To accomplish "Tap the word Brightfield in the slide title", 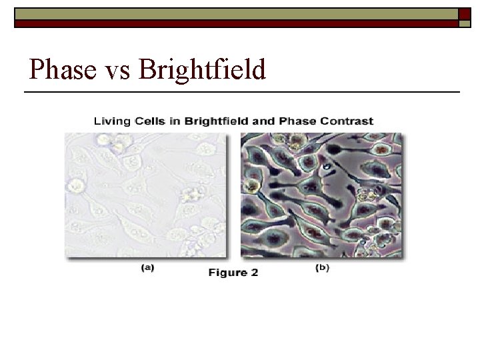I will tap(202, 69).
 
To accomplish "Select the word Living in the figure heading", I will tap(112, 121).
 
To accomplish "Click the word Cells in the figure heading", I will tap(150, 121).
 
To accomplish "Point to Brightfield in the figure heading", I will tap(216, 121).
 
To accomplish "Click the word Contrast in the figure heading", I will tap(349, 121).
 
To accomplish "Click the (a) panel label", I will tap(147, 268).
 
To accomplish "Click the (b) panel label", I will tap(321, 268).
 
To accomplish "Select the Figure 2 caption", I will tap(233, 273).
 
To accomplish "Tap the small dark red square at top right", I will tap(465, 13).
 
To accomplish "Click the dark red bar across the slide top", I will tap(233, 23).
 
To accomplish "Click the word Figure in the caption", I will tap(227, 273).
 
